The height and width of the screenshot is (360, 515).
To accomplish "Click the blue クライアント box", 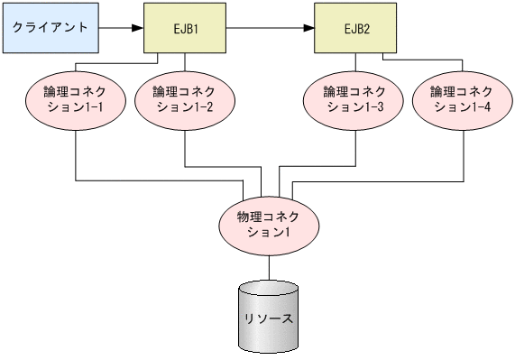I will click(51, 28).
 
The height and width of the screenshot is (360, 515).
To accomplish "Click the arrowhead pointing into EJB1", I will click(138, 28).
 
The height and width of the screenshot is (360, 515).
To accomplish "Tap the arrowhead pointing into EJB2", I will click(308, 28).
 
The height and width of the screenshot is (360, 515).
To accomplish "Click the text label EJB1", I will click(184, 28).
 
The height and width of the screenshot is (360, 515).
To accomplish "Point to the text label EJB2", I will click(354, 28).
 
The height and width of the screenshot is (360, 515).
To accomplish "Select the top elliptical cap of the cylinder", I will click(269, 291).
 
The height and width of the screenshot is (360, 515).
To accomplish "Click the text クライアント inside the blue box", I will click(51, 27).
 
